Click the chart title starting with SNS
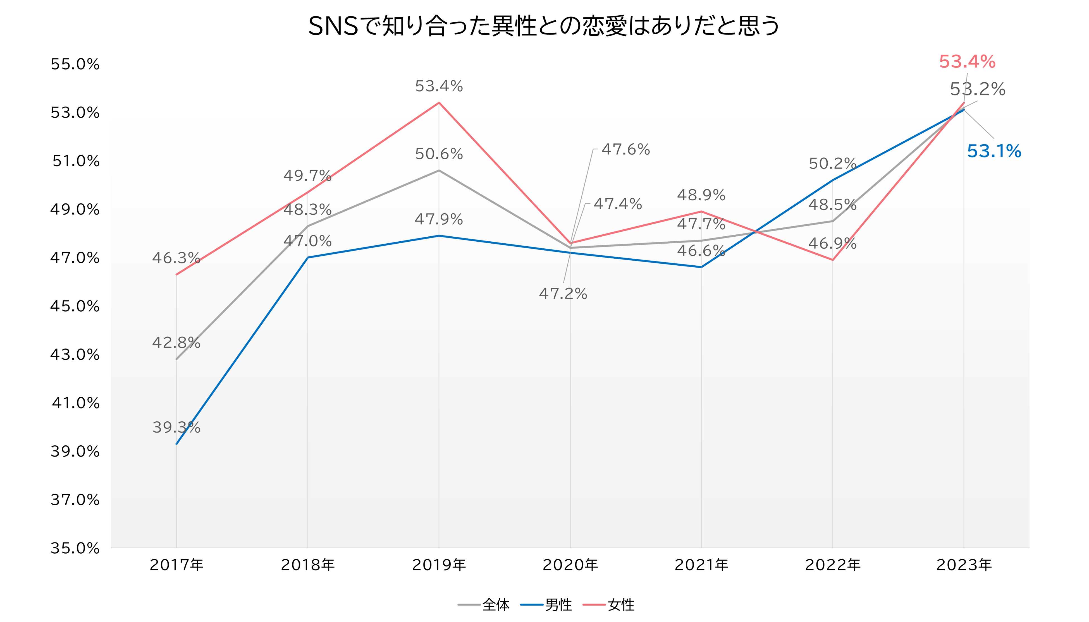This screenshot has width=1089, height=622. [x=544, y=27]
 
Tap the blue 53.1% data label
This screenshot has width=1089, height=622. [x=994, y=152]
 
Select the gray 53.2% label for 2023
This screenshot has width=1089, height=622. [x=978, y=89]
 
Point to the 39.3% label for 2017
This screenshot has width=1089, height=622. [x=176, y=427]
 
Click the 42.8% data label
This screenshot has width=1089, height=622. [x=176, y=343]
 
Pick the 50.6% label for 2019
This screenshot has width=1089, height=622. [x=439, y=154]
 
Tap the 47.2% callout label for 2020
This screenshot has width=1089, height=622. [x=563, y=294]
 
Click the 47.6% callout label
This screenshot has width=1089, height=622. [x=626, y=150]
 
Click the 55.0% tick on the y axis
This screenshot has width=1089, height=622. [x=75, y=64]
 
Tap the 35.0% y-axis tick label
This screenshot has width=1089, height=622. [x=75, y=548]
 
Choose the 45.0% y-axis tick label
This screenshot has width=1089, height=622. [x=75, y=306]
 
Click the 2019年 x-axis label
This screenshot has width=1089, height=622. [x=439, y=565]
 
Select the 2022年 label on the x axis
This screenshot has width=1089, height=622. [x=833, y=565]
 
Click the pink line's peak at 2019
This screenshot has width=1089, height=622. [x=439, y=102]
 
